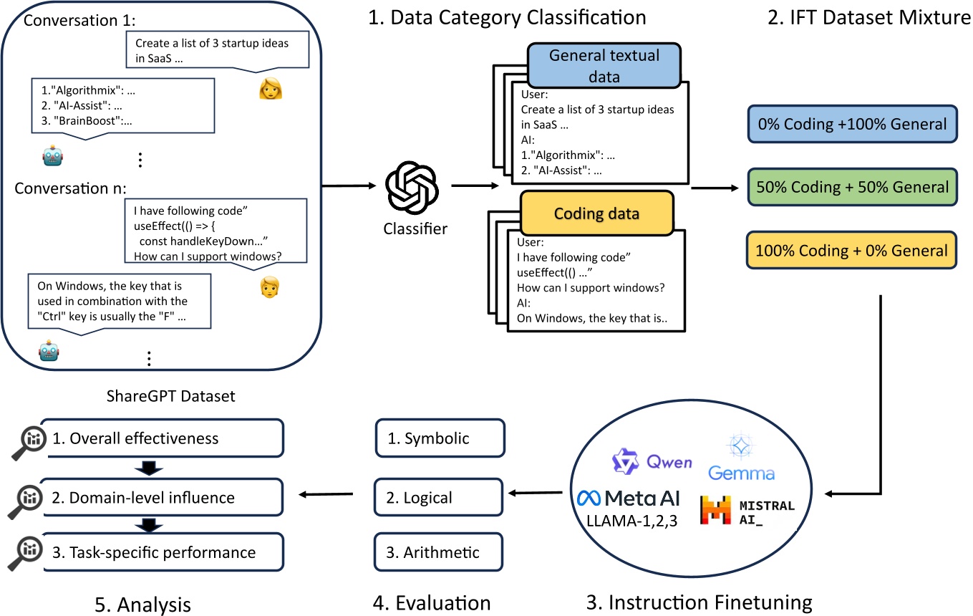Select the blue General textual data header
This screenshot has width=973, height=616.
pos(603,64)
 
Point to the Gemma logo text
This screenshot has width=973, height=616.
pos(741,473)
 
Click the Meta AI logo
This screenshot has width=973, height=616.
pos(631,499)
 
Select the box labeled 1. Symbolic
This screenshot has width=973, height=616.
pos(440,438)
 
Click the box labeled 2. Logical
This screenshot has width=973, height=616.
pos(440,496)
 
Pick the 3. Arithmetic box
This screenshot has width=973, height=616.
pos(440,552)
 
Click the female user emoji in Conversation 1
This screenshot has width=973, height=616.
pos(271,87)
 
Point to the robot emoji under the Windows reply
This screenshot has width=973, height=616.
pos(49,351)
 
